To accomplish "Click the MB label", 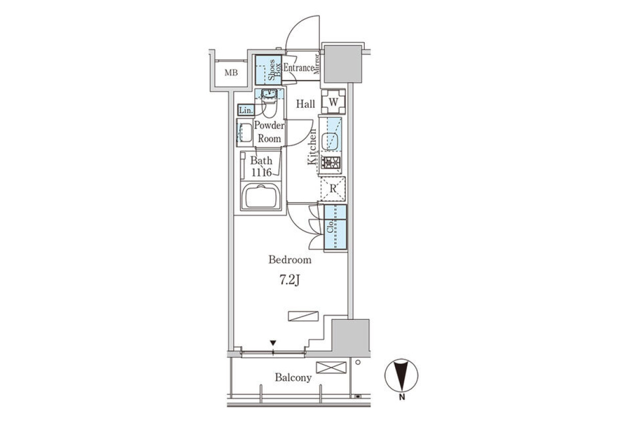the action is (231, 73).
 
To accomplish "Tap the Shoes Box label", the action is (274, 70).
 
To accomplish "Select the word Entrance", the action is (299, 68).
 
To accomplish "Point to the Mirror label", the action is (317, 64).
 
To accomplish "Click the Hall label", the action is (305, 104).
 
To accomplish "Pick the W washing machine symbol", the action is (333, 102).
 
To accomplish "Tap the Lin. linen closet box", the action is (246, 110).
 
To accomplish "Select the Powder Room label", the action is (269, 132).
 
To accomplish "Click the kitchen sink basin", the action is (330, 141).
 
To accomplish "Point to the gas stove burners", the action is (331, 162).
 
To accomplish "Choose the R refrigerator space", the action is (333, 189).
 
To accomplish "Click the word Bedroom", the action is (290, 259).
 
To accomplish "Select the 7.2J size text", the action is (290, 281).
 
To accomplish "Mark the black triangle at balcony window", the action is (273, 343).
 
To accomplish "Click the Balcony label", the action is (293, 378).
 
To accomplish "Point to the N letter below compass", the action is (402, 398).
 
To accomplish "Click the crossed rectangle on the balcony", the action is (331, 367).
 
